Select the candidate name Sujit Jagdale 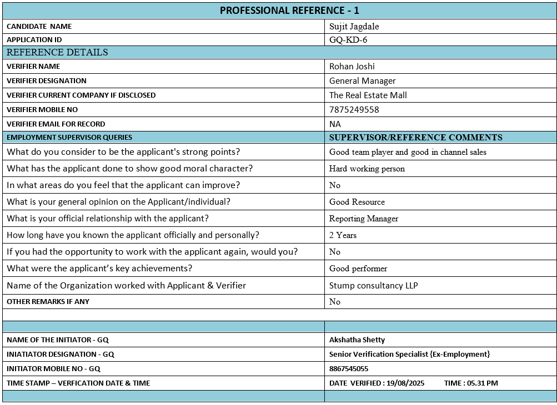[354, 26]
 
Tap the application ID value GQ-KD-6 [348, 39]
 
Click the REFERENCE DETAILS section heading [57, 52]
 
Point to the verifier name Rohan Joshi [352, 66]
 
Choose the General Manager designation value [363, 80]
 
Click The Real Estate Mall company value [368, 95]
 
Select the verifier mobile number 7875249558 [354, 109]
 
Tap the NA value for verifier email [335, 124]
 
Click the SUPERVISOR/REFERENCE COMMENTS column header [416, 137]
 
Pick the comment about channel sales [408, 152]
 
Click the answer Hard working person [367, 169]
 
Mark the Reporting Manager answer [364, 219]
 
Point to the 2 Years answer [343, 235]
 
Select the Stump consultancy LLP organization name [374, 285]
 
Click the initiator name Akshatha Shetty [357, 340]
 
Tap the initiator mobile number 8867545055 [349, 368]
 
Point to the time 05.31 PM [482, 383]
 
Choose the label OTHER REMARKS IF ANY [48, 301]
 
